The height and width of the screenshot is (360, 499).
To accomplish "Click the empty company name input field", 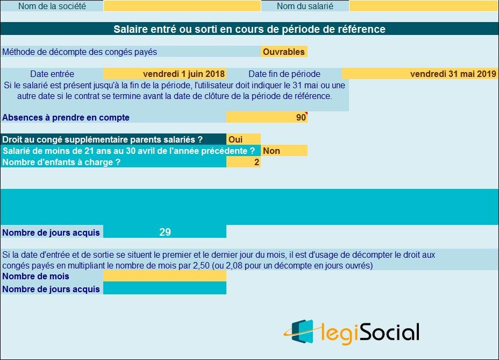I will (182, 6).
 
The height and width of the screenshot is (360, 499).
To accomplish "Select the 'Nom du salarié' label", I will (305, 6).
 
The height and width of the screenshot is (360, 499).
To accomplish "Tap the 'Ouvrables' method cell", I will (284, 52).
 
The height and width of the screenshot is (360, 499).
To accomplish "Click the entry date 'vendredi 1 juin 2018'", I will (184, 74).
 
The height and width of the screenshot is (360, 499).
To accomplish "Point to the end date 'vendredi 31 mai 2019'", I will (453, 74).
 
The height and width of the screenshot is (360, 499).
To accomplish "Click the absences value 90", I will (301, 117).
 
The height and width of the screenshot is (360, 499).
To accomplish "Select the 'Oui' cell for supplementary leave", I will (243, 139).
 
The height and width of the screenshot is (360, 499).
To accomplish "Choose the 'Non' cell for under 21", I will (284, 151).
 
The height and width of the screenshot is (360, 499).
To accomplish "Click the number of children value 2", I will (256, 162).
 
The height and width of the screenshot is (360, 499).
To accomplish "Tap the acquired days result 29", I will (165, 232).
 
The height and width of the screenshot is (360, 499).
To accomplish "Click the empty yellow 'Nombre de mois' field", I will (165, 276).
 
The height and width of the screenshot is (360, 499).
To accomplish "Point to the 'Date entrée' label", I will (52, 74).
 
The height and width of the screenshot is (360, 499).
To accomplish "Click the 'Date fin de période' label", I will (284, 74).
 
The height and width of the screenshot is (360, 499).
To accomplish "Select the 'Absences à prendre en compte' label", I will (66, 117).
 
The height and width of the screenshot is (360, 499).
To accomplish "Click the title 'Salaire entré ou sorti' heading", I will (249, 29).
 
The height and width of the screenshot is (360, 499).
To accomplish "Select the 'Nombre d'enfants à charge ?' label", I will (61, 162).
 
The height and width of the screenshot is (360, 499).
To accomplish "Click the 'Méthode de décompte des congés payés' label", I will (80, 52).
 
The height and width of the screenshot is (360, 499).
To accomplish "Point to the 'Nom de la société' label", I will (52, 6).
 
